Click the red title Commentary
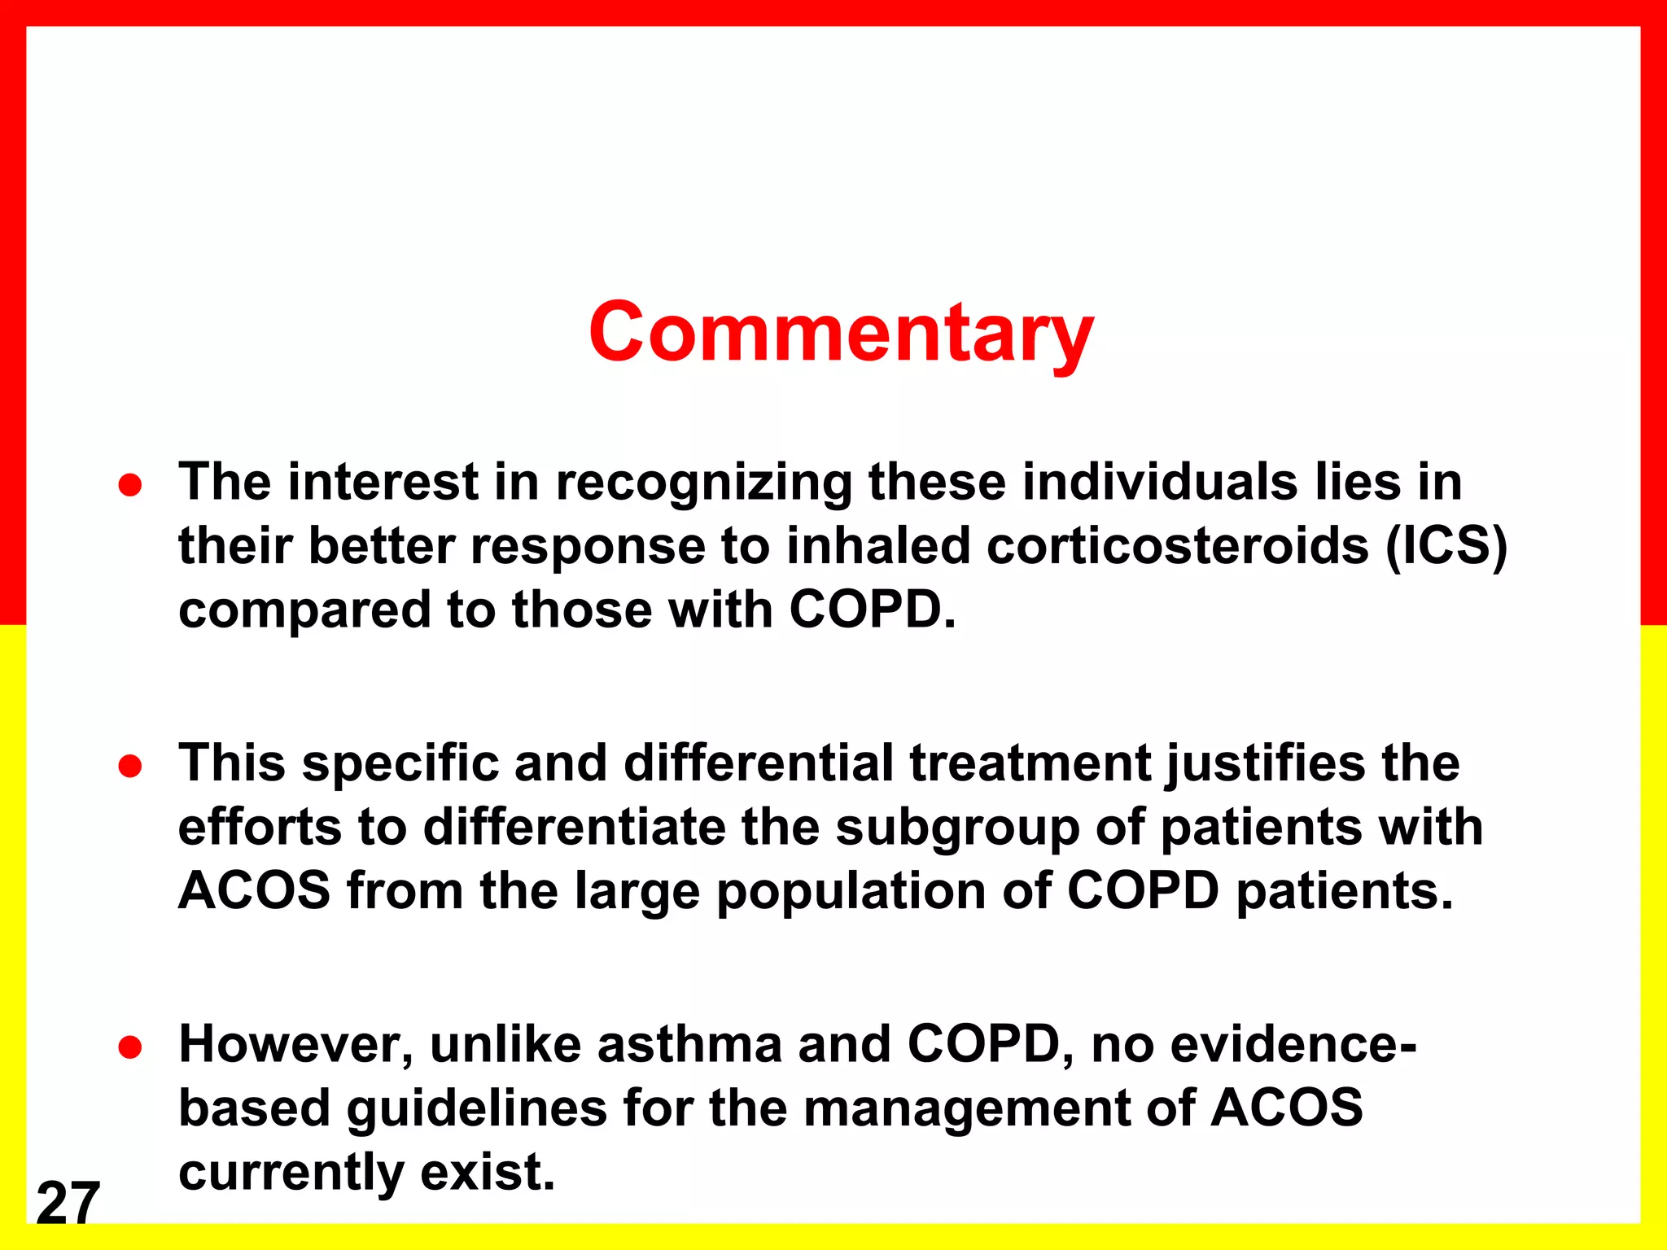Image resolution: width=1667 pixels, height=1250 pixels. [x=841, y=332]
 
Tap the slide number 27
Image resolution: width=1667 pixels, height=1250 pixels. [x=68, y=1202]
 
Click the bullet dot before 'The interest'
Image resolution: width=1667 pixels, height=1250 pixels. [x=130, y=486]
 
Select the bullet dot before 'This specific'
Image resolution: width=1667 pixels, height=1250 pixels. [x=130, y=767]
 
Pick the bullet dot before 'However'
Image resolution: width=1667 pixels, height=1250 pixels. [x=130, y=1048]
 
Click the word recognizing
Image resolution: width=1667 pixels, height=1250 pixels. [x=703, y=483]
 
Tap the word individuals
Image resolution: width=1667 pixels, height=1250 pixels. [x=1160, y=482]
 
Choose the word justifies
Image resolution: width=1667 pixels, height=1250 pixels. [x=1266, y=765]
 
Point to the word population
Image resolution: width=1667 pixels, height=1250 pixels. [x=851, y=892]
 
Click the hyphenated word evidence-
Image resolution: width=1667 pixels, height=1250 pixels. [x=1293, y=1044]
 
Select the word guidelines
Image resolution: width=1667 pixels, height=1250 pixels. [x=476, y=1108]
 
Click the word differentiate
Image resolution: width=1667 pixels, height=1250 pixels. [x=574, y=827]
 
